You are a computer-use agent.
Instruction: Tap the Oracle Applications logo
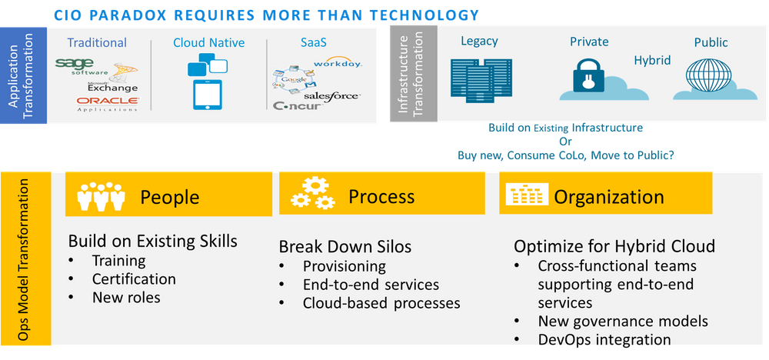pos(107,103)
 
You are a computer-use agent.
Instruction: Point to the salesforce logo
pos(331,96)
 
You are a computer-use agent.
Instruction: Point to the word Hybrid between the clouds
pos(652,60)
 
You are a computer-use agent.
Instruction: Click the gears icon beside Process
pos(313,195)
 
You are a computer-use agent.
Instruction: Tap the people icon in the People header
pos(101,196)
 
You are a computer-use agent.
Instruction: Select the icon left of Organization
pos(524,197)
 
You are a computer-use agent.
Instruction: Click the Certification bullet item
pos(134,278)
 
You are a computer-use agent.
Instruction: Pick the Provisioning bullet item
pos(344,266)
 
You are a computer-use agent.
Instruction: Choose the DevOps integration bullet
pos(604,339)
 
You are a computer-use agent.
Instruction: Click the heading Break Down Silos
pos(345,247)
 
